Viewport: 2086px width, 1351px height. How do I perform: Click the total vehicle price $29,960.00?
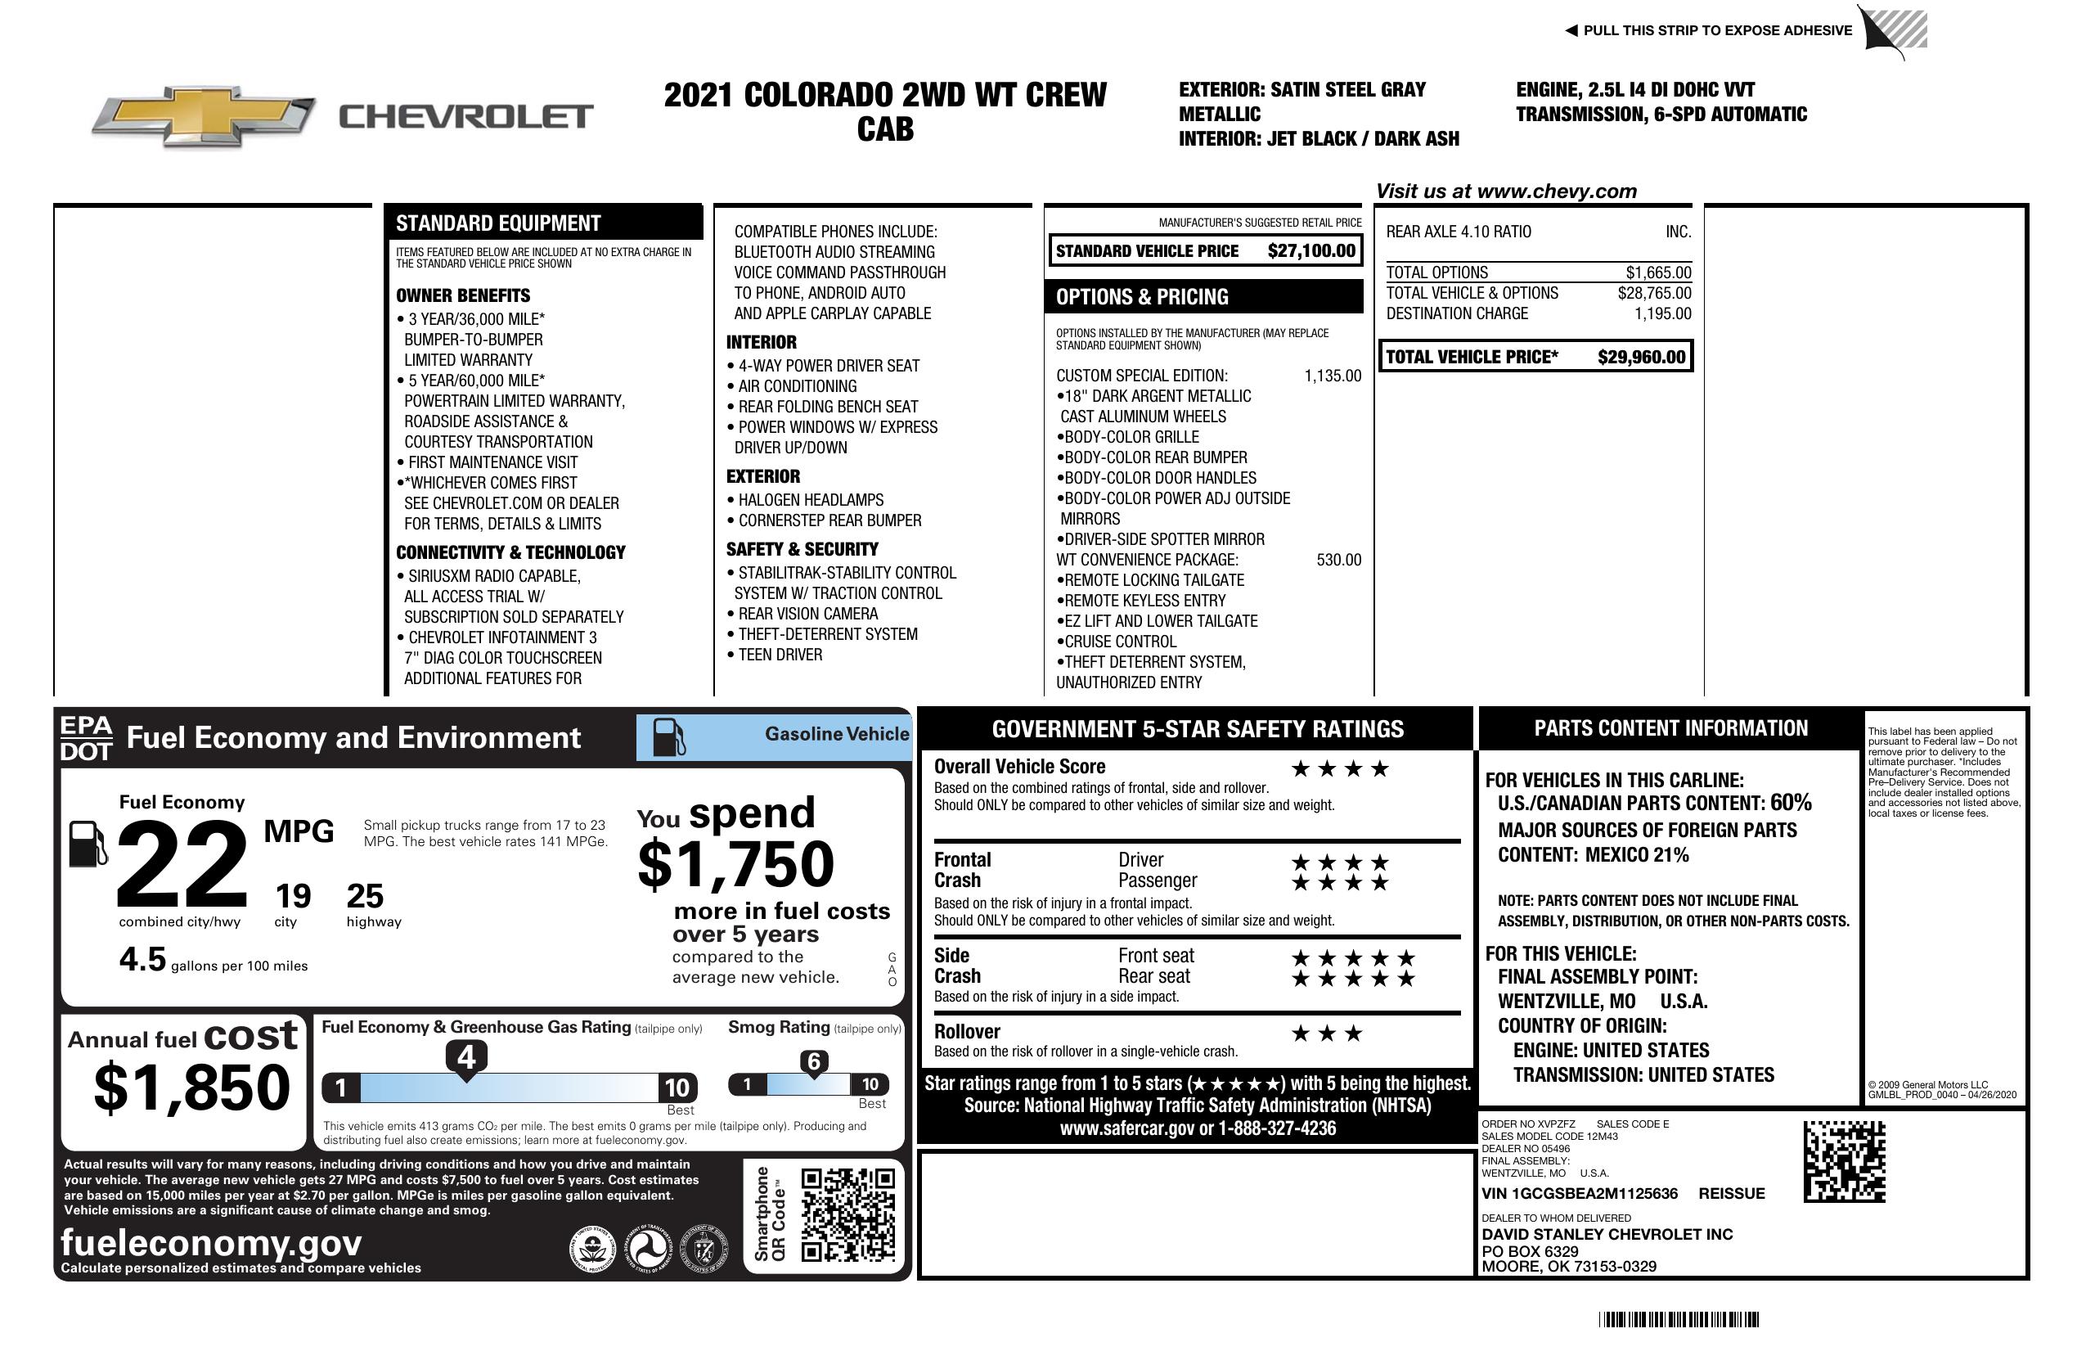pyautogui.click(x=1641, y=357)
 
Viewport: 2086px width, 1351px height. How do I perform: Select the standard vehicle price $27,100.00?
pyautogui.click(x=1311, y=250)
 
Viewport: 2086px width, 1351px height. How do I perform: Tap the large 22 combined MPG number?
pyautogui.click(x=182, y=864)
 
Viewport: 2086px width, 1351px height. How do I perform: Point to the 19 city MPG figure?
pyautogui.click(x=293, y=896)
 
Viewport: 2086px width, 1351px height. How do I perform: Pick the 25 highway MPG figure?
pyautogui.click(x=365, y=896)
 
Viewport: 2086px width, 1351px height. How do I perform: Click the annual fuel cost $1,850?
pyautogui.click(x=191, y=1086)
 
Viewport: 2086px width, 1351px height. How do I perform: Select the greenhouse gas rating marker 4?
pyautogui.click(x=466, y=1057)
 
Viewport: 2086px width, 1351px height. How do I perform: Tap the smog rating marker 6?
pyautogui.click(x=813, y=1061)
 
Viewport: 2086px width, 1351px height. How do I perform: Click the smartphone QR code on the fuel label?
pyautogui.click(x=847, y=1214)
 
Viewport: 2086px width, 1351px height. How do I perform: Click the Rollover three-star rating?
pyautogui.click(x=1327, y=1034)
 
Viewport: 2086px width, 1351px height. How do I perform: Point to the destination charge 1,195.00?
pyautogui.click(x=1662, y=314)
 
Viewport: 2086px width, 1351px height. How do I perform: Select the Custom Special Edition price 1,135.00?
pyautogui.click(x=1333, y=376)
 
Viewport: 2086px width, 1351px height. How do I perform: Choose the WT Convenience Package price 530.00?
pyautogui.click(x=1338, y=561)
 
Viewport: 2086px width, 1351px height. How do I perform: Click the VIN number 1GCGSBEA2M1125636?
pyautogui.click(x=1580, y=1193)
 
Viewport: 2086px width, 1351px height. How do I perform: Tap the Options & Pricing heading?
pyautogui.click(x=1142, y=297)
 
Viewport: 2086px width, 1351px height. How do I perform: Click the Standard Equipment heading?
pyautogui.click(x=498, y=223)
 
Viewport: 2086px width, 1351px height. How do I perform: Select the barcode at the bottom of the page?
pyautogui.click(x=1679, y=1319)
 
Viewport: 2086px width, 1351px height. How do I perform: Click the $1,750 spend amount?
pyautogui.click(x=735, y=864)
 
